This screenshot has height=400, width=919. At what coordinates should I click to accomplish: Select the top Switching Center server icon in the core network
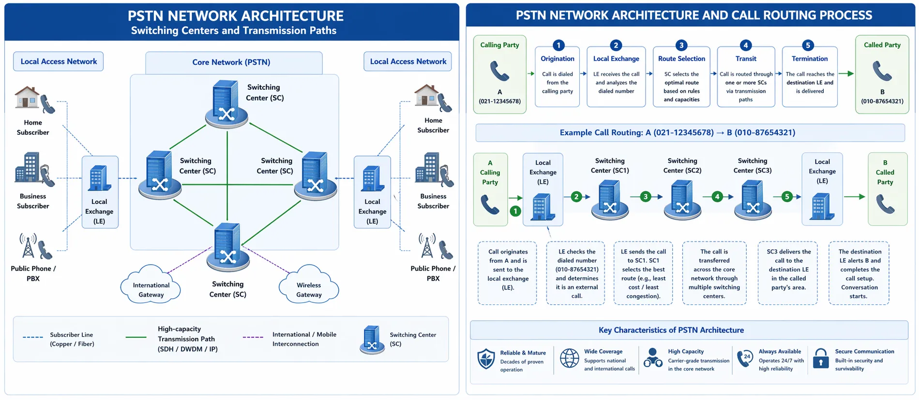click(x=226, y=103)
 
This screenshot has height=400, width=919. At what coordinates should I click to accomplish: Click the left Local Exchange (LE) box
click(x=100, y=192)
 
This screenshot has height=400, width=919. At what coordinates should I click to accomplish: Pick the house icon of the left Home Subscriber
click(x=27, y=97)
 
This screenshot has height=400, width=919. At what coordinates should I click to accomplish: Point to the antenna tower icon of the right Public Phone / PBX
click(x=427, y=246)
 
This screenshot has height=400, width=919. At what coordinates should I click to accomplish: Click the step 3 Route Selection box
click(x=681, y=77)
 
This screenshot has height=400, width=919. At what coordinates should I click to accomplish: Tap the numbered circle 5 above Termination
click(x=807, y=45)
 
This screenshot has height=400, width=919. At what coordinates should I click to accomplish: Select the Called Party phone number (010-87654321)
click(x=882, y=101)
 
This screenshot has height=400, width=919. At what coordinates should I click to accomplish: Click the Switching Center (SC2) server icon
click(x=682, y=200)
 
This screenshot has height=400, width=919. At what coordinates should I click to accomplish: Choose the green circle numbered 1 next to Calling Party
click(x=515, y=211)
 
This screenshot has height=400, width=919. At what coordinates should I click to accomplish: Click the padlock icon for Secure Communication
click(x=820, y=358)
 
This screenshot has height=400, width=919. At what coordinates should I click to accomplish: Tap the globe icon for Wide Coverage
click(x=570, y=358)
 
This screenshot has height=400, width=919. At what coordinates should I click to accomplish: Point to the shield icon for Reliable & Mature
click(x=486, y=359)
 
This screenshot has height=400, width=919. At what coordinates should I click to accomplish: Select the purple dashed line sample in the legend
click(x=253, y=337)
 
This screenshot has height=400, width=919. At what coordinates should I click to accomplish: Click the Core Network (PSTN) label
click(x=231, y=62)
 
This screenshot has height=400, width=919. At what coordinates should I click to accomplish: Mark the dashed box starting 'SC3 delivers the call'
click(x=788, y=273)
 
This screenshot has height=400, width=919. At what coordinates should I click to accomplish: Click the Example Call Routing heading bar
click(x=690, y=133)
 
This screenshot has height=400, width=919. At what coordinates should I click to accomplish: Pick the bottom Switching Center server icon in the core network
click(x=227, y=246)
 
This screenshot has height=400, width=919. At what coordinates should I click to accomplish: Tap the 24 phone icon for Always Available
click(x=745, y=358)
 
